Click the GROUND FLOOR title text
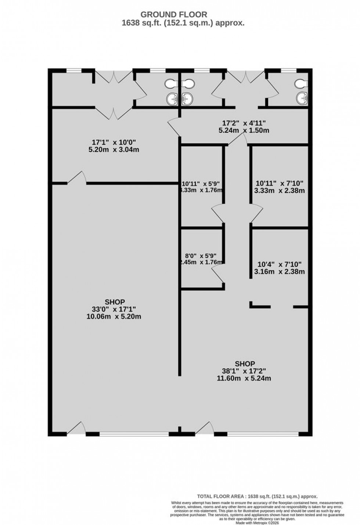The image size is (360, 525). tap(174, 14)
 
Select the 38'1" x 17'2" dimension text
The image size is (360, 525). tap(245, 371)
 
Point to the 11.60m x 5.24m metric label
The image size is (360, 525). tap(245, 378)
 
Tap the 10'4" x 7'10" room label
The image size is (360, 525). tap(279, 264)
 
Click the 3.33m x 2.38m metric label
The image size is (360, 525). tap(279, 190)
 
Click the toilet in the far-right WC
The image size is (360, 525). tap(300, 84)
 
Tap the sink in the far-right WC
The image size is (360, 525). tap(301, 98)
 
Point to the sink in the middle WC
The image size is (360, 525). tap(187, 98)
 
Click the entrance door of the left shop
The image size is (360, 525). tap(76, 428)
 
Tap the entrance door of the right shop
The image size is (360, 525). tap(205, 428)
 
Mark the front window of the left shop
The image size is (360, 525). tap(134, 434)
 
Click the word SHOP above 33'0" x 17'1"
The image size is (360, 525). tap(115, 302)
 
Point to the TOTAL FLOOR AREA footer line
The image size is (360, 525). tap(257, 496)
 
